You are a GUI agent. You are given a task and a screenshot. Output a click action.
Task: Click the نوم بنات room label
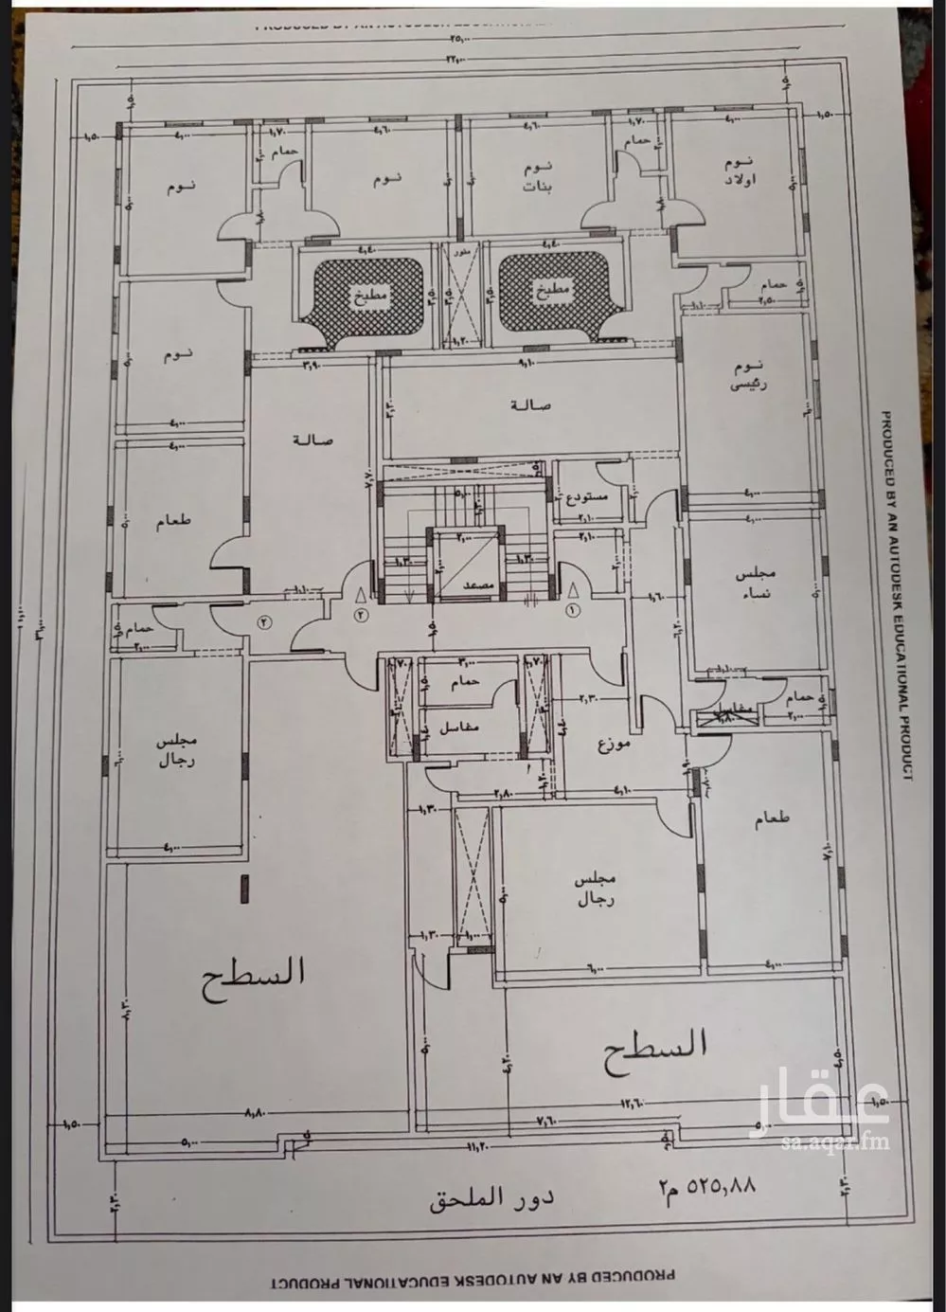pyautogui.click(x=538, y=177)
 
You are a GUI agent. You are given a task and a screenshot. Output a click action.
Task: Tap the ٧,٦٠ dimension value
pyautogui.click(x=546, y=1120)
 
